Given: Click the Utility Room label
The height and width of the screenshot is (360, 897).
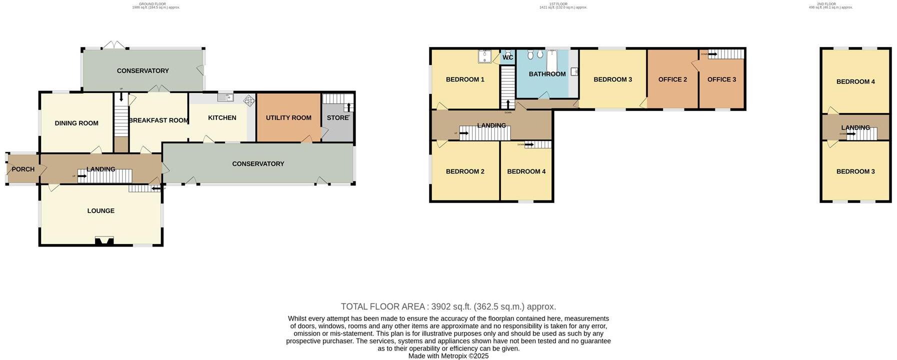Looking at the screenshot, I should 288,118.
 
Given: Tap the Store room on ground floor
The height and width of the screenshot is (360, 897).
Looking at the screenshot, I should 337,118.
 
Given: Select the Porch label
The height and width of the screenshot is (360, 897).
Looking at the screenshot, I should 23,169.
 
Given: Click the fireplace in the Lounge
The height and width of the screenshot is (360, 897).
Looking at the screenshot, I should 104,241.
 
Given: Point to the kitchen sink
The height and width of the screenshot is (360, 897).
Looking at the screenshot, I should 225,97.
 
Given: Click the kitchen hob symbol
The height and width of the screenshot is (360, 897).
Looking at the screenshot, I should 248,100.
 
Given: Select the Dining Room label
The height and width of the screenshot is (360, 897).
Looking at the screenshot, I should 76,123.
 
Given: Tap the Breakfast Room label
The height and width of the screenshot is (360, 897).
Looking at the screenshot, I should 158,120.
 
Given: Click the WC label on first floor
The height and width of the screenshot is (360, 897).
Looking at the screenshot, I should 507,57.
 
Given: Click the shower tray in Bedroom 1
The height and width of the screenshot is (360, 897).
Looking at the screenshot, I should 484,57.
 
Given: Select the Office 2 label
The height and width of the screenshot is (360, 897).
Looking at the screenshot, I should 672,79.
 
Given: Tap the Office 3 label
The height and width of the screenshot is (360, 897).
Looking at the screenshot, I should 721,79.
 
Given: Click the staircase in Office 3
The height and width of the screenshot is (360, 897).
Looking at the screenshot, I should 726,54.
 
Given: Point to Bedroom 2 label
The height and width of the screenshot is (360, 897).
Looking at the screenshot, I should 465,171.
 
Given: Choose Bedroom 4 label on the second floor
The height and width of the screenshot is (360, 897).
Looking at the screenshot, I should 855,82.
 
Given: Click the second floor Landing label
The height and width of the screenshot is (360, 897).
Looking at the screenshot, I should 855,127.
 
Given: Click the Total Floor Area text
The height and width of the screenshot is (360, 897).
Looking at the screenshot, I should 448,306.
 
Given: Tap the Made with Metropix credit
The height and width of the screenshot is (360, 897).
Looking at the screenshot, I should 448,356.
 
